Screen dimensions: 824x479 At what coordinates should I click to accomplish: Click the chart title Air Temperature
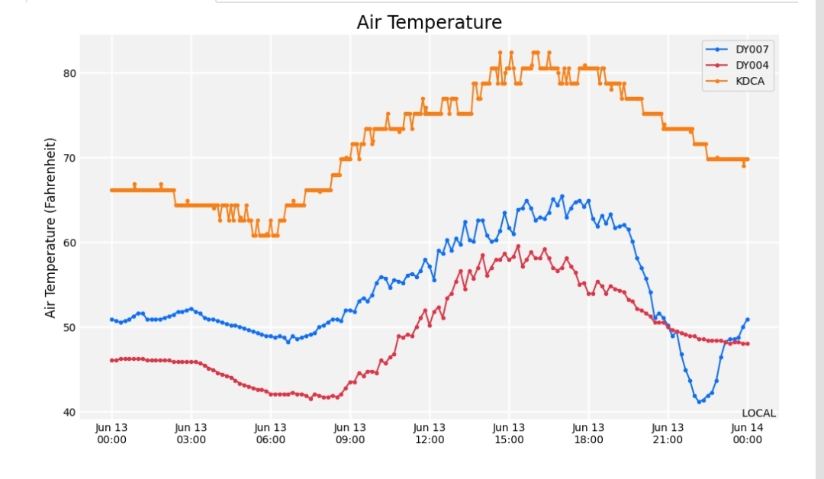(430, 23)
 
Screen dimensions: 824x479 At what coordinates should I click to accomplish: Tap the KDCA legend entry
(735, 82)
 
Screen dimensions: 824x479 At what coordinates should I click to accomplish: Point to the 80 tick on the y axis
(70, 73)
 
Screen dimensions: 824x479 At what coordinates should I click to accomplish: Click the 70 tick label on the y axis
(70, 158)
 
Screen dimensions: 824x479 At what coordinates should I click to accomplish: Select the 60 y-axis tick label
(70, 243)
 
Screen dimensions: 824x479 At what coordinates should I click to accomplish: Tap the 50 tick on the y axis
(70, 327)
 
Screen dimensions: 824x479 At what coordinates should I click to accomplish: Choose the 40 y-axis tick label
(70, 413)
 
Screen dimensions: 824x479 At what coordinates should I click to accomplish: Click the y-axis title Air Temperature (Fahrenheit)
(50, 228)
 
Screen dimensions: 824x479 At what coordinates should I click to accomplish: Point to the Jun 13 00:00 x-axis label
(111, 434)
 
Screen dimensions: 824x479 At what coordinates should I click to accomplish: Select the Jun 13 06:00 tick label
(271, 434)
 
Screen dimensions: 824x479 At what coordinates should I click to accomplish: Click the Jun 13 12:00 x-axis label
(430, 434)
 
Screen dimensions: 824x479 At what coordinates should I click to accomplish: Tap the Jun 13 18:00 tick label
(588, 434)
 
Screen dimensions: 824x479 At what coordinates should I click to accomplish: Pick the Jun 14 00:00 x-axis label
(747, 434)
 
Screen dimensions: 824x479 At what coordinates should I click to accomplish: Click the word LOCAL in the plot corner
(759, 413)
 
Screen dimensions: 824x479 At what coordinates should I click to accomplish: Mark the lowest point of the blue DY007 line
(699, 402)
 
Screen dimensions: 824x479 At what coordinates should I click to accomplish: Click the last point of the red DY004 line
(747, 344)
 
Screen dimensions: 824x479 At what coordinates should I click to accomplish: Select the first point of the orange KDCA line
(111, 190)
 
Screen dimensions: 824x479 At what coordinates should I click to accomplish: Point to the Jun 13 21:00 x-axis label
(668, 434)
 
